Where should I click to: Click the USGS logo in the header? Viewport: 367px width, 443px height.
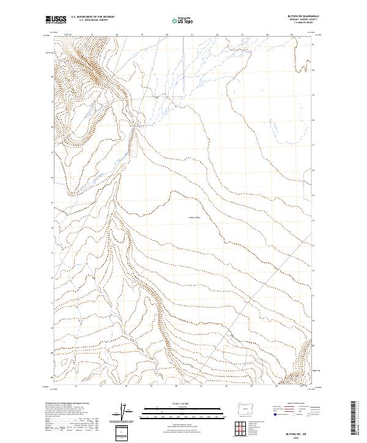[x=56, y=20]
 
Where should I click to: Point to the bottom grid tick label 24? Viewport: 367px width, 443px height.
[x=267, y=386]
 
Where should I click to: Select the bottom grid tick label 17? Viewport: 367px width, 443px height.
[x=100, y=386]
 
